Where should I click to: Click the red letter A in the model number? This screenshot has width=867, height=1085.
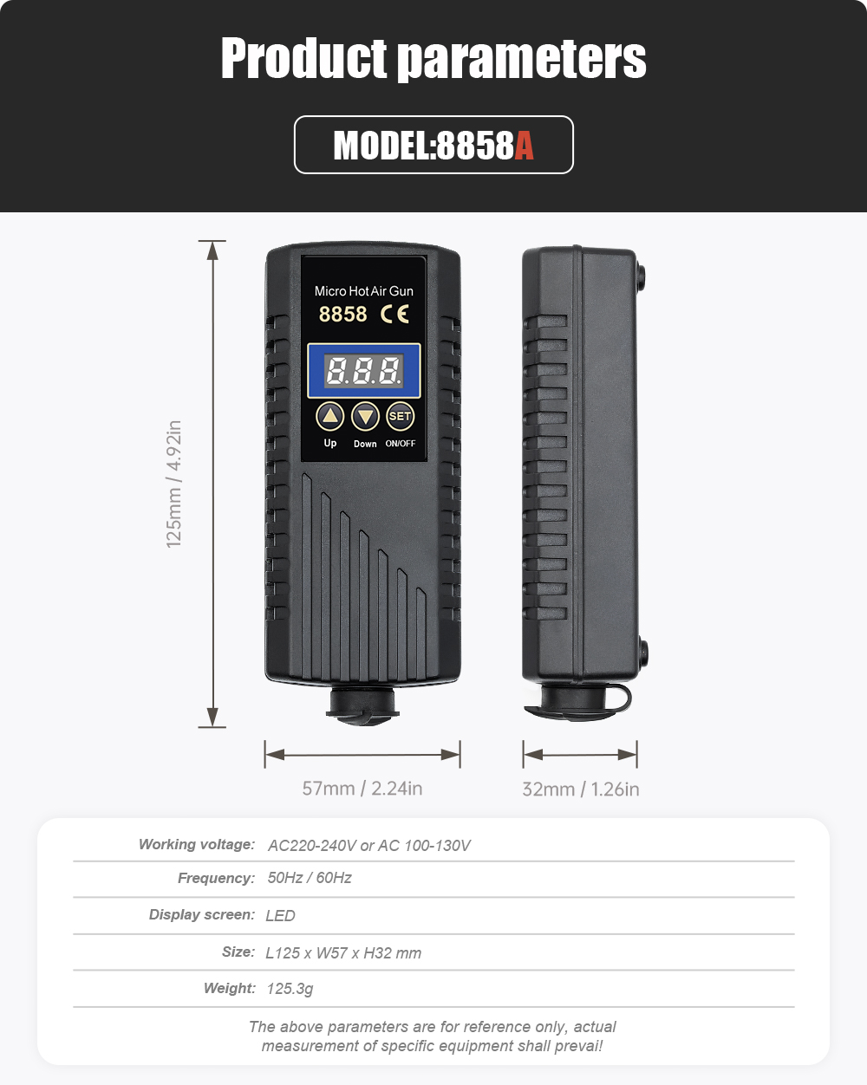524,146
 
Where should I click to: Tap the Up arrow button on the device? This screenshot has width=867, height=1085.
329,416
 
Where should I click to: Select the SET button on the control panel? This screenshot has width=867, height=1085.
400,417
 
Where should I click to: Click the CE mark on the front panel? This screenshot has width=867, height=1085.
394,314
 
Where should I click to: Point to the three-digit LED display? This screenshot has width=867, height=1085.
363,371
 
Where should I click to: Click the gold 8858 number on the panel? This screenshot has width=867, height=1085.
343,314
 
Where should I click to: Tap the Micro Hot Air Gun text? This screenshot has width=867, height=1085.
363,291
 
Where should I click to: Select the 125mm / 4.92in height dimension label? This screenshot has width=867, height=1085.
173,484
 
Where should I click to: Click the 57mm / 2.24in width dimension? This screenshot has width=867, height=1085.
362,788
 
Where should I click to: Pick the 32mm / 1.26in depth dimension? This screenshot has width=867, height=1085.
581,789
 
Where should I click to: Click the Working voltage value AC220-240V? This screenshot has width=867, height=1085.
312,846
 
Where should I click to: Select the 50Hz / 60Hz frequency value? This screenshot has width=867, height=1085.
310,878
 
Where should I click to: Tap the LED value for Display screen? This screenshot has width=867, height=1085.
280,915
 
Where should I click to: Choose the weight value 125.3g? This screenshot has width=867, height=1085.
290,989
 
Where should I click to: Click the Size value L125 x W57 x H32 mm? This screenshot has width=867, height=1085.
343,953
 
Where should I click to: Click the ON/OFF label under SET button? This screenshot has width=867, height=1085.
401,444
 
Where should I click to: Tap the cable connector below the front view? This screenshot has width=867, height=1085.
362,705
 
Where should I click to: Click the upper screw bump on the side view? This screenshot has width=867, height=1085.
641,276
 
